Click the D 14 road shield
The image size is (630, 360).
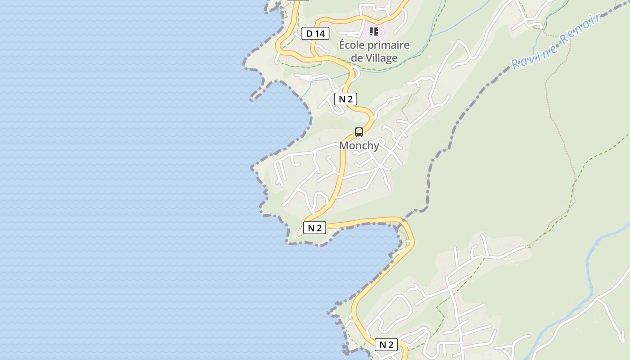point(315,33)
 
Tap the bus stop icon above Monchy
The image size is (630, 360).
point(359,132)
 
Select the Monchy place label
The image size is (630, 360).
point(359,146)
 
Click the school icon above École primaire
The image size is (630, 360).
point(373,31)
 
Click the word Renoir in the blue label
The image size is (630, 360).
point(581,30)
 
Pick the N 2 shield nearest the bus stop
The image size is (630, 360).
point(346,99)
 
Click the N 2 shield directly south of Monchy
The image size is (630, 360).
point(315,228)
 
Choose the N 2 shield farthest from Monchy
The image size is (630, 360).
point(386,345)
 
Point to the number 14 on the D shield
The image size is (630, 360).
point(319,33)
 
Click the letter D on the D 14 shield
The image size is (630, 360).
point(309,33)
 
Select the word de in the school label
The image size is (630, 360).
point(356,58)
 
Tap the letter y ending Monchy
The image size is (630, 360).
point(376,147)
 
